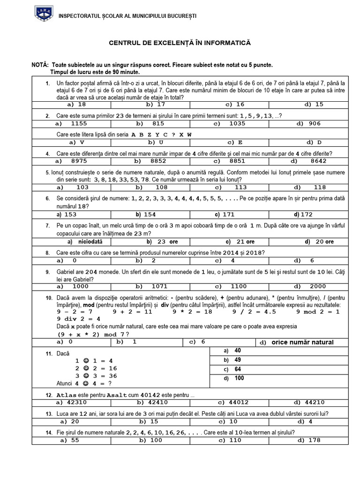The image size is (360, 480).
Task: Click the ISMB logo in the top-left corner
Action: (44, 14)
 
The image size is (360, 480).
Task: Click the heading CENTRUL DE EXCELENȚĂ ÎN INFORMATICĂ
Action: (180, 43)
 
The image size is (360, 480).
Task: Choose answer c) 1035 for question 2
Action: (230, 124)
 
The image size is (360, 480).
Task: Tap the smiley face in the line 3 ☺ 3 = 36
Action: (85, 376)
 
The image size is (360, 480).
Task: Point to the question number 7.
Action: (47, 225)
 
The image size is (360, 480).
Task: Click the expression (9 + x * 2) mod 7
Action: (91, 334)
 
